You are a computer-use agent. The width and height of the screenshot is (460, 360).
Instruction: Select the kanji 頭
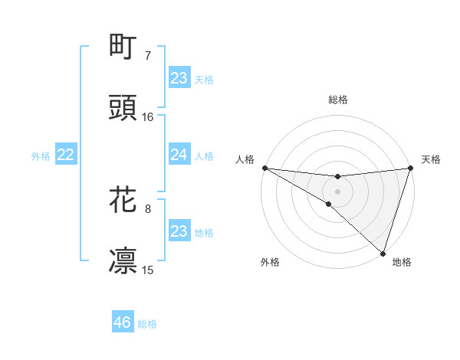(x=123, y=108)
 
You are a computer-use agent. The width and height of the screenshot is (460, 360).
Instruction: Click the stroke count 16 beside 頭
(x=148, y=116)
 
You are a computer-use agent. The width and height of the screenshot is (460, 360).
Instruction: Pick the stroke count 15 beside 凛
(x=148, y=270)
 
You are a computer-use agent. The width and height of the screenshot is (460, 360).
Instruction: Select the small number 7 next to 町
(x=148, y=55)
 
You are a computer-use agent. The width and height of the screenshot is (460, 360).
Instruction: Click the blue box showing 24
(x=179, y=155)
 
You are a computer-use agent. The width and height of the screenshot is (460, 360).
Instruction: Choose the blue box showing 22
(x=66, y=155)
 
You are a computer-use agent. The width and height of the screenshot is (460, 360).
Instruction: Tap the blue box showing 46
(x=123, y=322)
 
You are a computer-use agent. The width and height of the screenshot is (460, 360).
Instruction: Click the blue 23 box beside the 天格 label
(x=179, y=77)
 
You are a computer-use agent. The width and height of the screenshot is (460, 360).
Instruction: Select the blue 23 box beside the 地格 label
(x=179, y=231)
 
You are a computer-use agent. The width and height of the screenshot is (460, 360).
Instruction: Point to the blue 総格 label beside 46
(x=147, y=324)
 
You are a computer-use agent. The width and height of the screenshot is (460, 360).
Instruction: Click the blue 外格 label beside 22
(x=41, y=155)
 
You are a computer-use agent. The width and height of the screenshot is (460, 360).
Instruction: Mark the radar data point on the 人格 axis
(x=264, y=168)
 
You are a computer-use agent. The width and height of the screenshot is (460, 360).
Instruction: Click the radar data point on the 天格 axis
(x=410, y=168)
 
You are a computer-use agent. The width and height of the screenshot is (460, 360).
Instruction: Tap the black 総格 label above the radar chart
(x=337, y=100)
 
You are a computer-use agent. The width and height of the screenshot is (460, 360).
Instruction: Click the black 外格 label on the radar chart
(x=270, y=262)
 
